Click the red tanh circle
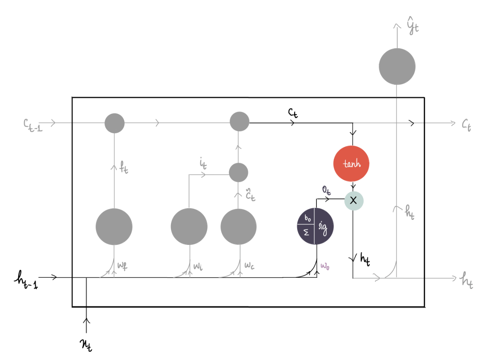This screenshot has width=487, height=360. (x=351, y=163)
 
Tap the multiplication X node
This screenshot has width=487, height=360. (x=354, y=200)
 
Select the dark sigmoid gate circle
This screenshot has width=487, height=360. (x=315, y=226)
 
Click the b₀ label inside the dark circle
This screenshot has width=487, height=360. (x=308, y=218)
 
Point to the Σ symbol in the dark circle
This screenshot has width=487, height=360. (x=306, y=232)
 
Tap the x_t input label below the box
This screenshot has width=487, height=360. (x=86, y=345)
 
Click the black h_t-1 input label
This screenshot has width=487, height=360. (x=26, y=280)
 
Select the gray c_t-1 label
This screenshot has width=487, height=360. (x=33, y=125)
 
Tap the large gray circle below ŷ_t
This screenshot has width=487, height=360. (x=397, y=66)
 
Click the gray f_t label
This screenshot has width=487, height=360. (x=123, y=167)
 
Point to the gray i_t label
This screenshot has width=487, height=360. (x=203, y=163)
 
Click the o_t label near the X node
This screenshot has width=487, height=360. (x=326, y=190)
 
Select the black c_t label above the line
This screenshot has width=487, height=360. (x=293, y=113)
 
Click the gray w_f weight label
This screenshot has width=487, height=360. (x=122, y=266)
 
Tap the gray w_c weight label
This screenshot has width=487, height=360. (x=249, y=265)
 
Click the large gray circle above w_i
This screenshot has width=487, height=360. (x=189, y=226)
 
